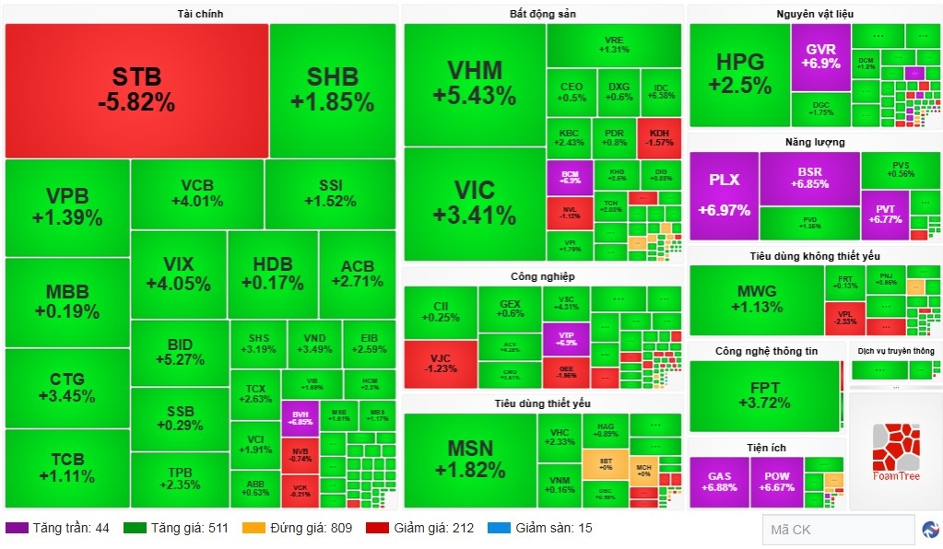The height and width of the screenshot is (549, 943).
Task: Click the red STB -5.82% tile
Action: [136, 89]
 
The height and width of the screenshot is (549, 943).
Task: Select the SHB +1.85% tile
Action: [333, 88]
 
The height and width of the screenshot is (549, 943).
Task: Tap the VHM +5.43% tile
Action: [475, 83]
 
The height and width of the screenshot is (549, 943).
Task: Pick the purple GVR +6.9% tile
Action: [820, 56]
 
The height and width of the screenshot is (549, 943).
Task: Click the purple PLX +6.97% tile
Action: [724, 195]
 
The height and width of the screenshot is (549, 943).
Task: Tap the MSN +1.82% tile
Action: [469, 459]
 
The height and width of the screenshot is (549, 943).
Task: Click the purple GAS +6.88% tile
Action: [719, 481]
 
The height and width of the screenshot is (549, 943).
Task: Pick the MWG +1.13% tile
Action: [756, 299]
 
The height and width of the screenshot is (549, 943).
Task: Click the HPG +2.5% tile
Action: [739, 73]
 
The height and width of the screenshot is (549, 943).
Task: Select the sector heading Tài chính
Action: [200, 14]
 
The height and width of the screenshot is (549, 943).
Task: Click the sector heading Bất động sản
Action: [542, 14]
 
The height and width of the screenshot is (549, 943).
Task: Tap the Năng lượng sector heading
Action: [815, 142]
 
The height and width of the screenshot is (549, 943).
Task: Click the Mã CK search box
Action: [837, 530]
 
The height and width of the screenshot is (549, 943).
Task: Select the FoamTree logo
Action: [895, 452]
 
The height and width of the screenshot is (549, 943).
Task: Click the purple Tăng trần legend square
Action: [17, 529]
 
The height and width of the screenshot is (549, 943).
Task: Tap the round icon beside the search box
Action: [930, 530]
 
